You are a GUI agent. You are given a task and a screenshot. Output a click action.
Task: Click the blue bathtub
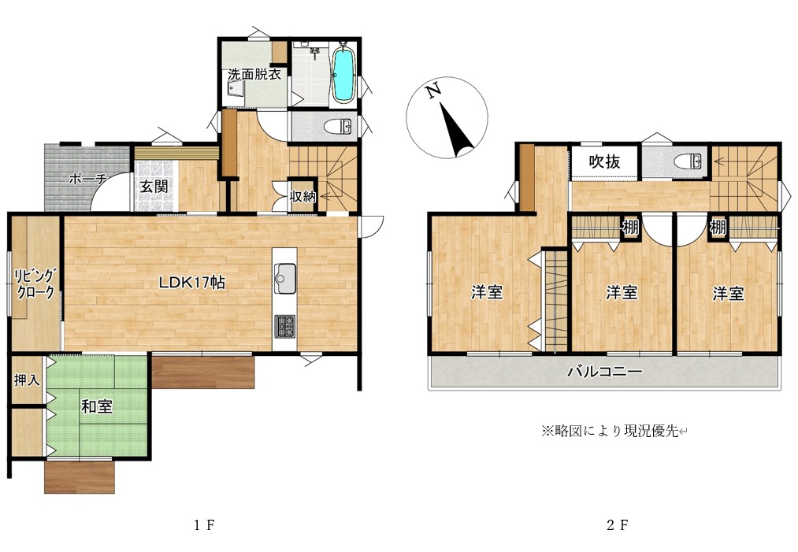click(343, 75)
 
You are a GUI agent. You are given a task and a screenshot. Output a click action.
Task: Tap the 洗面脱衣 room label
click(254, 76)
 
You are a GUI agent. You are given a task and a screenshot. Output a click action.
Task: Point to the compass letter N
click(432, 91)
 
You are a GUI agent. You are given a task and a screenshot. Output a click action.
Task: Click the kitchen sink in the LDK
click(284, 275)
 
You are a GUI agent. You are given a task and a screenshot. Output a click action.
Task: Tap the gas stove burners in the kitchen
click(284, 325)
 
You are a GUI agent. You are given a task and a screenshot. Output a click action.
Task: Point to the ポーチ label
click(87, 179)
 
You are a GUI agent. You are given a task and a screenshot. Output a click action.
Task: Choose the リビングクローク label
click(35, 283)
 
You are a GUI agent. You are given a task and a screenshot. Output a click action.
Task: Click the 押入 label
click(27, 380)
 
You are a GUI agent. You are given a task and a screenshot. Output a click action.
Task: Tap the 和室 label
click(97, 407)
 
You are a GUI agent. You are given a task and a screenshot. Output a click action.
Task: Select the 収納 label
click(303, 197)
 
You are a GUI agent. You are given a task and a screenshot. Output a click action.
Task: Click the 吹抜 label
click(604, 162)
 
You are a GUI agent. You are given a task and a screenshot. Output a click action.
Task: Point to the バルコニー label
click(605, 371)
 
